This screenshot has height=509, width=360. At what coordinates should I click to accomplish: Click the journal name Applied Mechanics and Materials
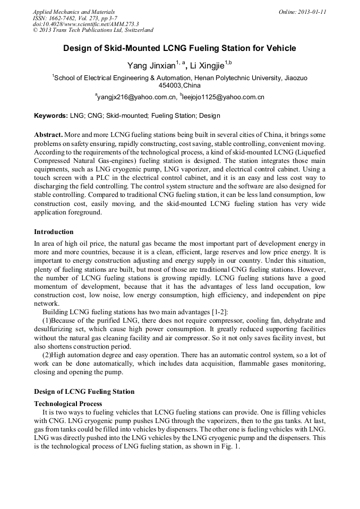pos(74,12)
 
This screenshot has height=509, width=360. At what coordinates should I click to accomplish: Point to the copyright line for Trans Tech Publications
pos(93,30)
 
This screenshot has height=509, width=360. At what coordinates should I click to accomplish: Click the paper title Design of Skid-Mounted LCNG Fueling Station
pos(179,48)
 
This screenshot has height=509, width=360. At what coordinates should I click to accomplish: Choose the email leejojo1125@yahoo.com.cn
pos(223,97)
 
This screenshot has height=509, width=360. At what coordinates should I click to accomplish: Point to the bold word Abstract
pos(49,135)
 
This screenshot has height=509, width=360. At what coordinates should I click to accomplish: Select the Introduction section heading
pos(54,232)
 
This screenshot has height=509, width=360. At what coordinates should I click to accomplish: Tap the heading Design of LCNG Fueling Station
pos(84,392)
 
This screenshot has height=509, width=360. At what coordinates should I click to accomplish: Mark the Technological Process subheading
pos(68,404)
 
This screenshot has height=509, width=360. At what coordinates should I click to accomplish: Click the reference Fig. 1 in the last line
pos(230,447)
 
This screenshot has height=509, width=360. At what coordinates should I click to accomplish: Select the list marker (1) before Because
pos(47,320)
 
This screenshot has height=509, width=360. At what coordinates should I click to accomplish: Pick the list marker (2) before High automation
pos(47,355)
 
